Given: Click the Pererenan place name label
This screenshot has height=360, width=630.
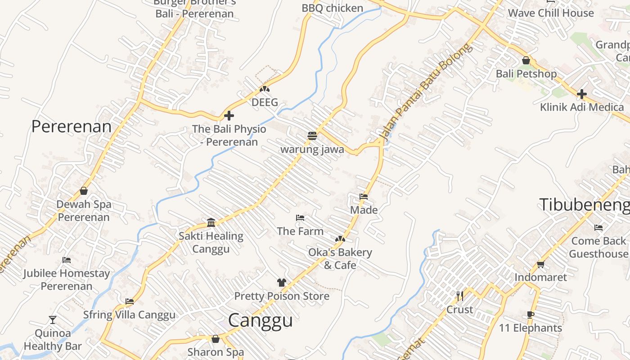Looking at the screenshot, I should click(x=71, y=126).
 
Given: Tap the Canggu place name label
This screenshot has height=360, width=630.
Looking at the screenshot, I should click(x=260, y=320).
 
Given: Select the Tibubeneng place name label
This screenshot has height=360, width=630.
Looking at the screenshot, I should click(x=584, y=205).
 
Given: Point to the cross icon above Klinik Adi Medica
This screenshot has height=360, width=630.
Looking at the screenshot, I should click(x=582, y=94).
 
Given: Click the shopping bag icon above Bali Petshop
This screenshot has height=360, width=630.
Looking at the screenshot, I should click(x=526, y=60).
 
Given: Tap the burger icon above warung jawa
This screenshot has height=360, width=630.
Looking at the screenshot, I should click(x=312, y=135).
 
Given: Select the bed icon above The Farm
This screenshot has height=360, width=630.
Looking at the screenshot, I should click(x=300, y=218).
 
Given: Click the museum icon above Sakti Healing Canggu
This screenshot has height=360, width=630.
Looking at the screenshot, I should click(x=211, y=222).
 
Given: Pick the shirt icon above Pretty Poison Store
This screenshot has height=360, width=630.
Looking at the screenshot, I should click(x=282, y=283).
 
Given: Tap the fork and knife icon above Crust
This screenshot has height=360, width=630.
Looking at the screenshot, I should click(x=459, y=296).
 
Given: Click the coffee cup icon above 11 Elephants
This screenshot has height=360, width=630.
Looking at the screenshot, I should click(x=530, y=315).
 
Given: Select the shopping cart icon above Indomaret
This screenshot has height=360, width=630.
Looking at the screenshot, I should click(x=540, y=264).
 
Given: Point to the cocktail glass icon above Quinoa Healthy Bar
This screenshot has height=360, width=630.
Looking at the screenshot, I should click(x=53, y=320).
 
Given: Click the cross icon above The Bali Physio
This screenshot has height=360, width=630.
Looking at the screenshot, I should click(x=229, y=116).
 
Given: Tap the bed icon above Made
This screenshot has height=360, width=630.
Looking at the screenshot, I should click(x=364, y=196).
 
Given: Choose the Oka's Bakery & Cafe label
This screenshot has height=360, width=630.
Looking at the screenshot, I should click(x=340, y=259).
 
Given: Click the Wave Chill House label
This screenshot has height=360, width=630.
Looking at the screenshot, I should click(x=551, y=13).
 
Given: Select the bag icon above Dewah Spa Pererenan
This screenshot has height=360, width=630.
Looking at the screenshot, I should click(x=84, y=191).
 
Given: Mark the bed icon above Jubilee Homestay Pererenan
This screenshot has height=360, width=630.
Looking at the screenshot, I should click(x=67, y=260).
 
